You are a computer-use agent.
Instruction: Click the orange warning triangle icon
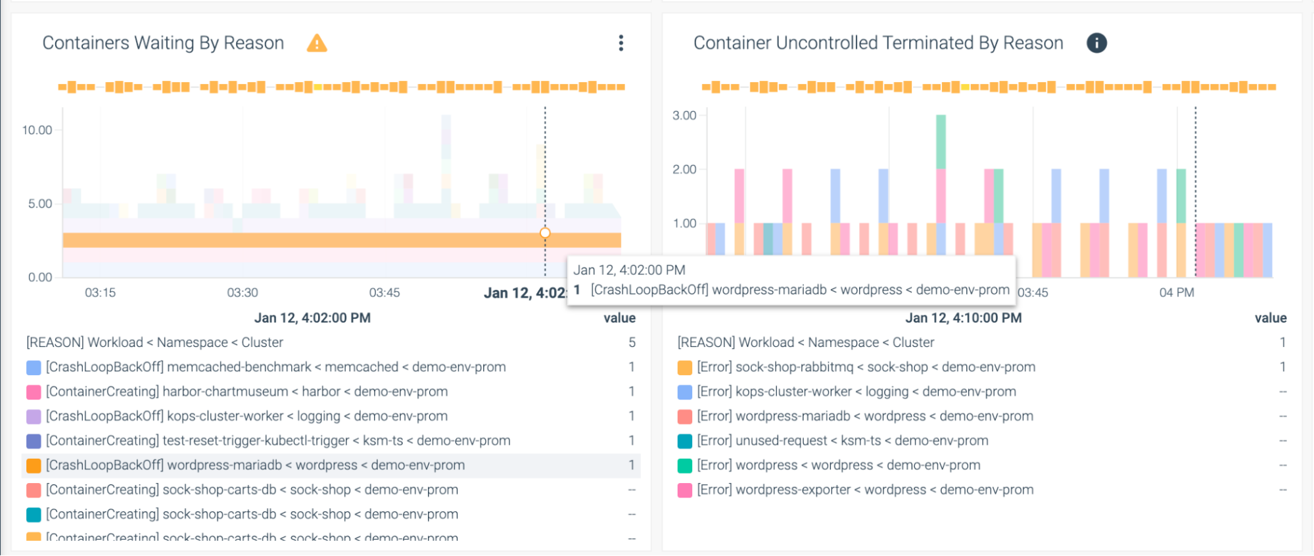click(x=317, y=43)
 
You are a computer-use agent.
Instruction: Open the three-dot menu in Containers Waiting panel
click(x=621, y=43)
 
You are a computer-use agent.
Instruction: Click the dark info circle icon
click(x=1096, y=43)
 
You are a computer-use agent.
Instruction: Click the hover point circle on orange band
click(x=545, y=233)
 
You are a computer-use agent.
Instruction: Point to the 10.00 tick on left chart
click(x=37, y=130)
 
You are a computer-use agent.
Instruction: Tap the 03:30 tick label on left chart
click(x=243, y=292)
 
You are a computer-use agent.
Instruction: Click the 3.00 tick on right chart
click(x=684, y=116)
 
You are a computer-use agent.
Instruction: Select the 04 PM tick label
click(x=1177, y=292)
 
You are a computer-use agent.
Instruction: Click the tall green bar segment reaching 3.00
click(x=941, y=141)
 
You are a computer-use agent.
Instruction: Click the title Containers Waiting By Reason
click(x=163, y=43)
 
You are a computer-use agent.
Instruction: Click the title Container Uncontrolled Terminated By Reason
click(x=878, y=43)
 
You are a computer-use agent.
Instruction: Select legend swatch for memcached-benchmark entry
click(x=34, y=367)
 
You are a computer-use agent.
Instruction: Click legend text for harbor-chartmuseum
click(x=246, y=392)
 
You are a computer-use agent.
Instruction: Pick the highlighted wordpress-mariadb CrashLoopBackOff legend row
click(x=255, y=465)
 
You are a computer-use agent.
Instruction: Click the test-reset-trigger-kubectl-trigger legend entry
click(x=277, y=441)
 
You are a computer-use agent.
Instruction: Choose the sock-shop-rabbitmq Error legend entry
click(x=866, y=367)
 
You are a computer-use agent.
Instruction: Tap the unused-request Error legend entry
click(x=842, y=441)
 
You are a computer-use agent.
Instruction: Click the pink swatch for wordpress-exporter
click(x=685, y=490)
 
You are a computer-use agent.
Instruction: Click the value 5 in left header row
click(x=632, y=342)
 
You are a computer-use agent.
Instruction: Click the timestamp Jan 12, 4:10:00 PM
click(x=964, y=318)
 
